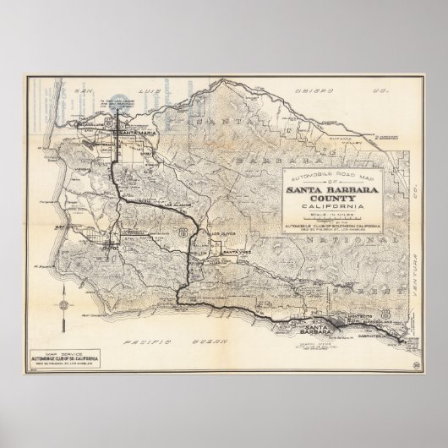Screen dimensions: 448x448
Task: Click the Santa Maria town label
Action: pos(136,134)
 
